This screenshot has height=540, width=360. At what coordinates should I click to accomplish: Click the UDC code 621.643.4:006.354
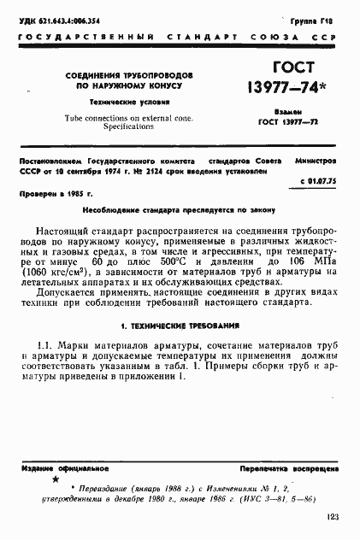click(x=64, y=19)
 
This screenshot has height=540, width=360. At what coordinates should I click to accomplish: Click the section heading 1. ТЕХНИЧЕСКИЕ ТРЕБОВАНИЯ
click(x=180, y=326)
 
